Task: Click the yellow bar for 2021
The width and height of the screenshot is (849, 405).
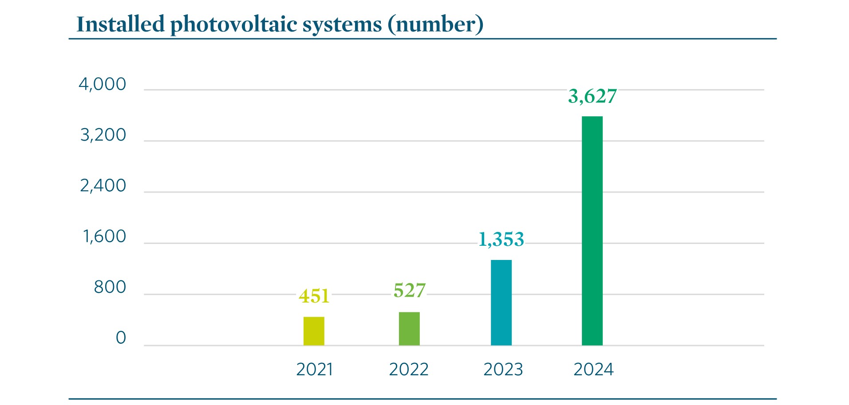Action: (314, 331)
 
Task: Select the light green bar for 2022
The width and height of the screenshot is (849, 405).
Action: (409, 329)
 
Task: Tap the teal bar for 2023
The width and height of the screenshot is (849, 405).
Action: (501, 303)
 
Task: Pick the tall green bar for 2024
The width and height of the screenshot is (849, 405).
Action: (592, 231)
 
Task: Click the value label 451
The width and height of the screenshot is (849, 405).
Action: (314, 296)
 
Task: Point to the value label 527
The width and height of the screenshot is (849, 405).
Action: (409, 291)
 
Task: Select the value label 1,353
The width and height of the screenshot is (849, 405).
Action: (501, 240)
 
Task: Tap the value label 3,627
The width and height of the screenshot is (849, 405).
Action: (592, 96)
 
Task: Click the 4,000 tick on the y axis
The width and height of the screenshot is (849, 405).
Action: (103, 84)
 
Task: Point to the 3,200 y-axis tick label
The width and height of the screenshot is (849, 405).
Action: (103, 135)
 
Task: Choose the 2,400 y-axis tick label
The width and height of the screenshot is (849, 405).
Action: (103, 186)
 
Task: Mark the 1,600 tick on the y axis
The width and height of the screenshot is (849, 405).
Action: (105, 236)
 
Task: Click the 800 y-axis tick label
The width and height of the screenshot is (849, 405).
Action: (110, 287)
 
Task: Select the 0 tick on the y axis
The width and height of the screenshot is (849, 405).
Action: (121, 338)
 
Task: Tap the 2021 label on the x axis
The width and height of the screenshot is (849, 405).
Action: (314, 370)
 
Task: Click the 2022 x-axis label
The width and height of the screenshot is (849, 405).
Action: (409, 370)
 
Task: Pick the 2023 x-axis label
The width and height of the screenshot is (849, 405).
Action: (503, 370)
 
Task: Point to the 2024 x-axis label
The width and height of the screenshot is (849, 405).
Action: (593, 370)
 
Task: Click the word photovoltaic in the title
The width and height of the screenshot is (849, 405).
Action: (234, 24)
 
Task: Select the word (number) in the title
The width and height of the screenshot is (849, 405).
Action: (435, 24)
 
